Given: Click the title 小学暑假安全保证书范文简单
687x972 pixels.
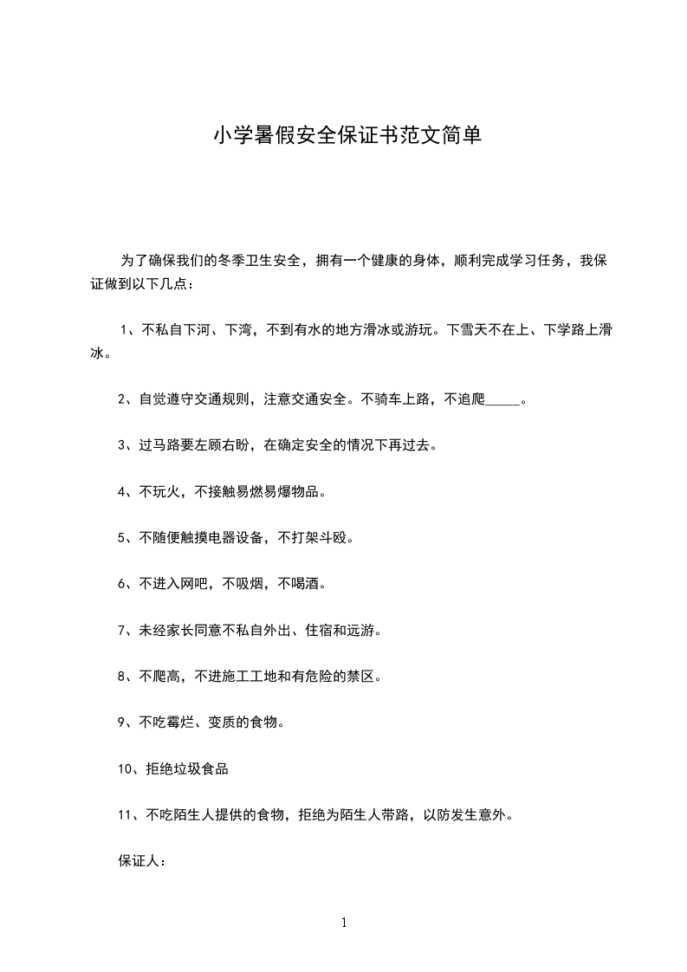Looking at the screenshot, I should pos(343,136).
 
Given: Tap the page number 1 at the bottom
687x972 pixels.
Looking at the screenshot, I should pos(344,923).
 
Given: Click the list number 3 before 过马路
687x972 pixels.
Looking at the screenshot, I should pos(121,445).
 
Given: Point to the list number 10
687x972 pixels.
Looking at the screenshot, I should pos(125,768).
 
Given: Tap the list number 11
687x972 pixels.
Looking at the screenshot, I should pos(125,814).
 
